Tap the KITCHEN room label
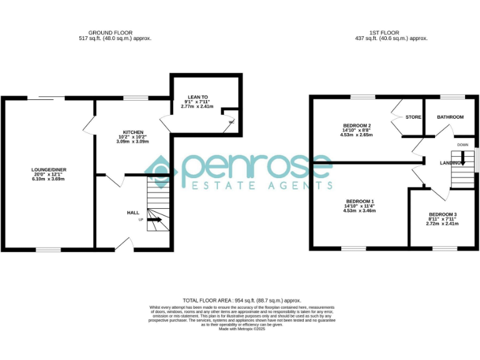pos(132,132)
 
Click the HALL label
pos(133,213)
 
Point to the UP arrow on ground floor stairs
pos(154,220)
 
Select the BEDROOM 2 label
pos(357,125)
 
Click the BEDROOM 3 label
pos(442,214)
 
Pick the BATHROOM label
pos(450,117)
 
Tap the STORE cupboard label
pos(413,117)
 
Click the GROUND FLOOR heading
pos(110,32)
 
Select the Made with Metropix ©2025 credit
pos(242,329)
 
